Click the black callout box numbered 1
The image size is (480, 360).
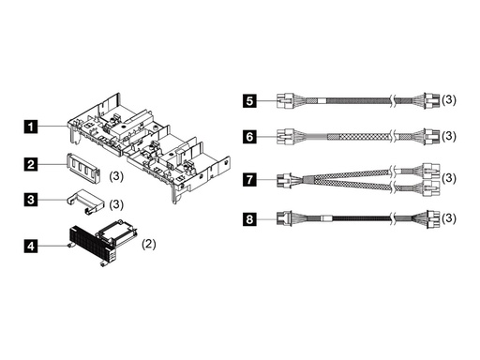(30, 127)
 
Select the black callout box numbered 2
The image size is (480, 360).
(30, 164)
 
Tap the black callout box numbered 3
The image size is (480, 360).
(30, 200)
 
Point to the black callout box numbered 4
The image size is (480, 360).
(30, 247)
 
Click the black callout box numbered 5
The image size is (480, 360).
(249, 101)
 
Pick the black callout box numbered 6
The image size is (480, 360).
(249, 137)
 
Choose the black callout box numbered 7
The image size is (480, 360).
(249, 180)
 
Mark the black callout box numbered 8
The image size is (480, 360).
(249, 218)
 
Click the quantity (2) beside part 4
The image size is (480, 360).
(149, 244)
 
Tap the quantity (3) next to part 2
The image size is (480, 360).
(116, 176)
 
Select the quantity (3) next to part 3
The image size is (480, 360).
(116, 204)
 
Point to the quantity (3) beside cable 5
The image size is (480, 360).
(449, 99)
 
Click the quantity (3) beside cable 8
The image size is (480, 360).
(449, 218)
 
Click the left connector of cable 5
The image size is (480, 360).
(285, 100)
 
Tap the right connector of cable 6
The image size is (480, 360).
(432, 137)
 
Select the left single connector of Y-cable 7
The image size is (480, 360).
(284, 180)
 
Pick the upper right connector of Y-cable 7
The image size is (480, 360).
(431, 171)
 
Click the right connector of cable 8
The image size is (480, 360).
(433, 219)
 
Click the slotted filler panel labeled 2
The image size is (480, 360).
(83, 168)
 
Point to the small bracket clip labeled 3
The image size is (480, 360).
(84, 202)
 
